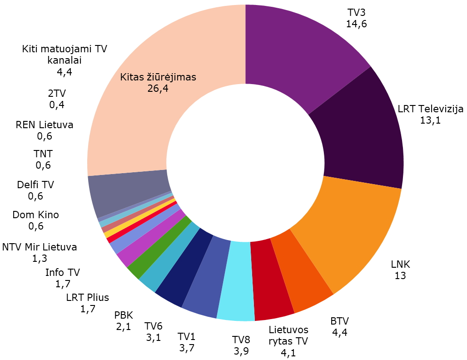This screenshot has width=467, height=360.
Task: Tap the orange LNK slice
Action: point(350,227)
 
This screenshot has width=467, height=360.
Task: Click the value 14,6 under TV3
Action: point(356,24)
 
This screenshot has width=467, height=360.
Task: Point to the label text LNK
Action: point(400,264)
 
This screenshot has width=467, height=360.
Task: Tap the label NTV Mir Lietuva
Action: point(40,247)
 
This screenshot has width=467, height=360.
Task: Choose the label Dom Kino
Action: point(36,215)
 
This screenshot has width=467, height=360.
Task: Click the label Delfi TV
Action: point(35,185)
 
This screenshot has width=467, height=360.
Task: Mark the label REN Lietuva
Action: point(45,125)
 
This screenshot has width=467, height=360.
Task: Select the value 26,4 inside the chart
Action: point(158,88)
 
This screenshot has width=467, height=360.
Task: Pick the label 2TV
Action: point(57,94)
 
